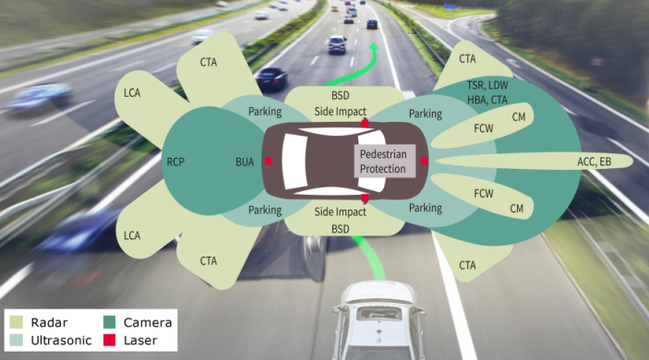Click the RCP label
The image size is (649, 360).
tap(175, 162)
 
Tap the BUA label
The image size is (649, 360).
tap(245, 162)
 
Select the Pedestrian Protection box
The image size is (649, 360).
tap(385, 162)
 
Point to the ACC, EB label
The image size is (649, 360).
tap(594, 162)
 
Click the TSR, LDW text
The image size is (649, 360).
tap(487, 85)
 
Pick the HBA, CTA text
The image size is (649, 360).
tap(487, 100)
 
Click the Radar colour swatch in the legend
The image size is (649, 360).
tap(16, 322)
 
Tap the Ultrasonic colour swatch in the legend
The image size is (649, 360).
tap(16, 340)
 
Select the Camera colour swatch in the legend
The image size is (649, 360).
tap(109, 322)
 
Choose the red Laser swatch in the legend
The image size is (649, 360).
tap(109, 340)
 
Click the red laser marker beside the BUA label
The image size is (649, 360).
tap(269, 161)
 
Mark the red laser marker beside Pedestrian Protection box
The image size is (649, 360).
tap(424, 161)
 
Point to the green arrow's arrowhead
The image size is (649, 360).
tap(374, 47)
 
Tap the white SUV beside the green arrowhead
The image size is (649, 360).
tap(337, 44)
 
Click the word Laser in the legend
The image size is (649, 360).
tap(140, 341)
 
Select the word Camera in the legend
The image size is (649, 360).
tap(148, 322)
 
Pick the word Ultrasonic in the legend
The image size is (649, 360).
tap(61, 341)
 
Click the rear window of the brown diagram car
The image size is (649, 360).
tap(294, 162)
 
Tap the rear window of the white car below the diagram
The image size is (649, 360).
tap(379, 313)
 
